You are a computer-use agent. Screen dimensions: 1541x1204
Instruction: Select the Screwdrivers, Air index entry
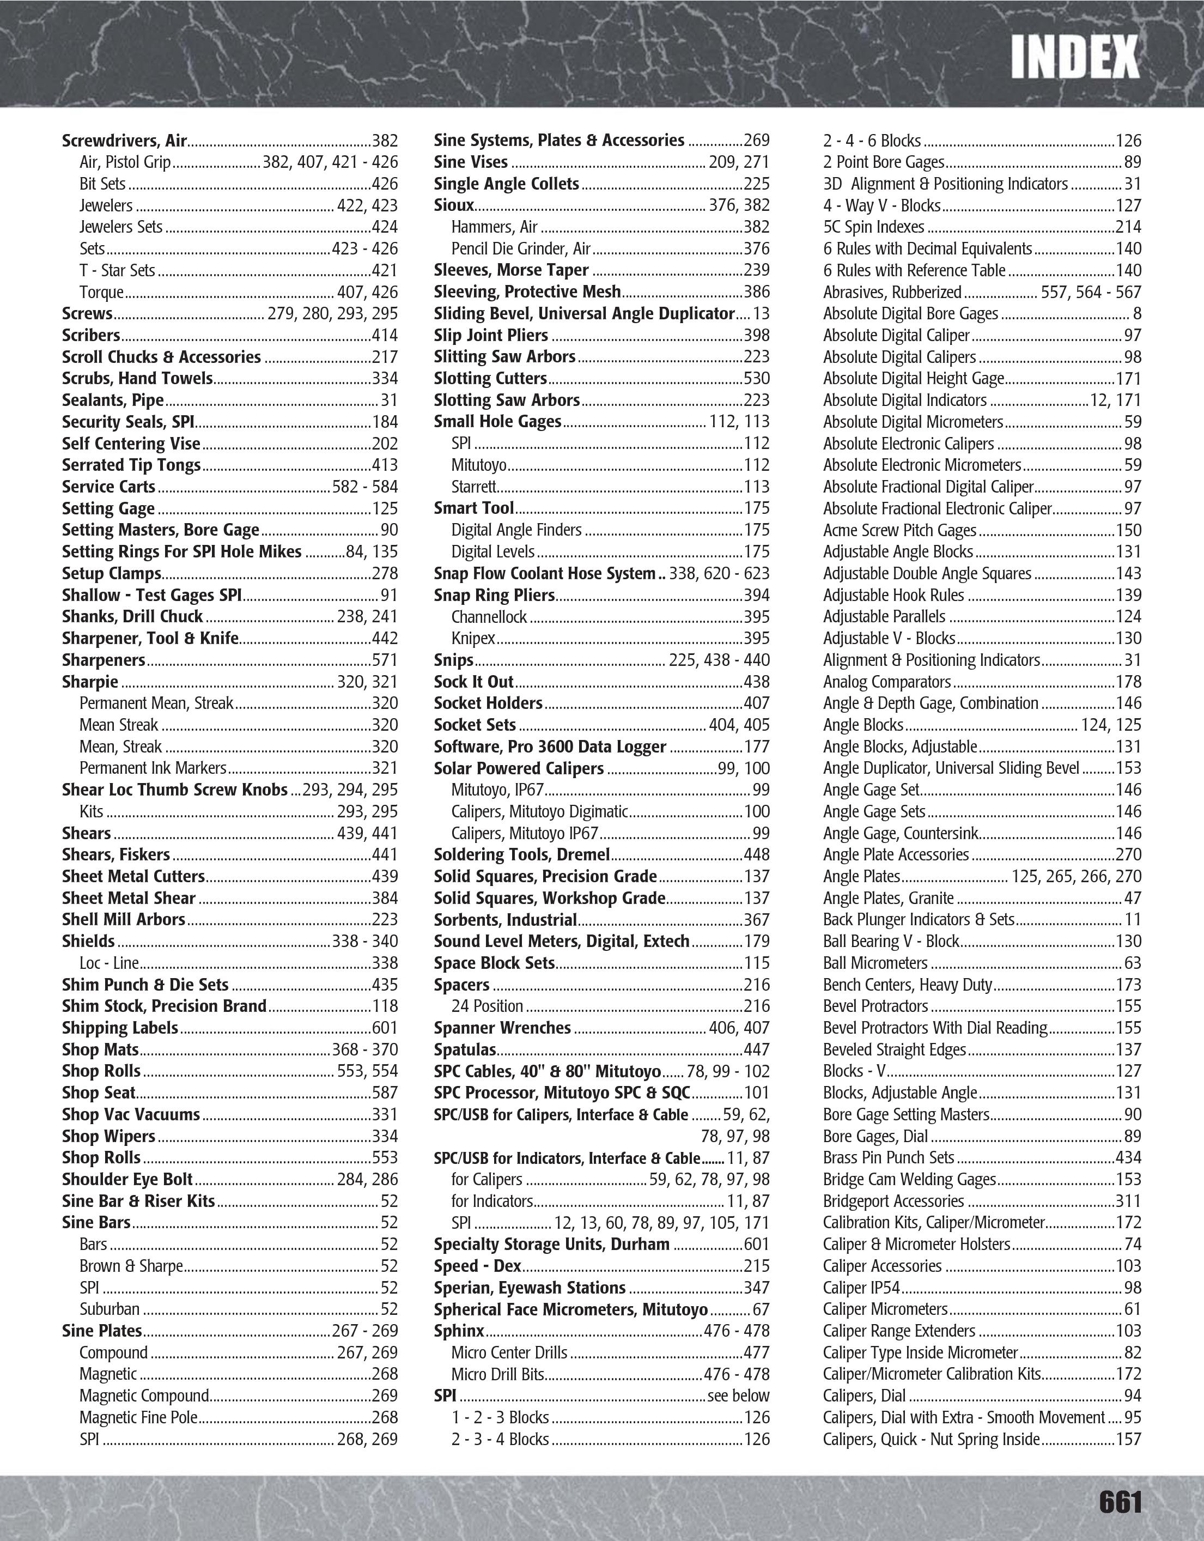click(124, 141)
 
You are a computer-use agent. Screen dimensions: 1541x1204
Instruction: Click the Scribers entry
click(91, 335)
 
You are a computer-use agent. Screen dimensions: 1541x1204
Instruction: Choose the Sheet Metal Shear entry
click(129, 898)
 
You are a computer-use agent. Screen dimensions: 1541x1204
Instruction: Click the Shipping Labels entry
click(120, 1028)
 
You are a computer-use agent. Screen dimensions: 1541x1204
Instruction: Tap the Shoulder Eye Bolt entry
click(127, 1180)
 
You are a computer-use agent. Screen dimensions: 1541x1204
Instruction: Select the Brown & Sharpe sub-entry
click(131, 1266)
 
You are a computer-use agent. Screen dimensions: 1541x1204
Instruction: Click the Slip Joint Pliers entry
click(491, 335)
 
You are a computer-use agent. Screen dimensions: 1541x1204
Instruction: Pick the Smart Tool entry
click(474, 508)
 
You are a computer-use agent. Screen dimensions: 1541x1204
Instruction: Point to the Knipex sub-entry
click(473, 639)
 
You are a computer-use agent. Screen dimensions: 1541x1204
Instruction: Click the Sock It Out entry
click(473, 682)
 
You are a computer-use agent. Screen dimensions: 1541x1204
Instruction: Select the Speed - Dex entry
click(477, 1266)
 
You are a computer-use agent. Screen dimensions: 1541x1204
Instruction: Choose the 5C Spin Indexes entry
click(873, 227)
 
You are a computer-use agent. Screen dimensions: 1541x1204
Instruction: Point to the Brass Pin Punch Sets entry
click(888, 1158)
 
